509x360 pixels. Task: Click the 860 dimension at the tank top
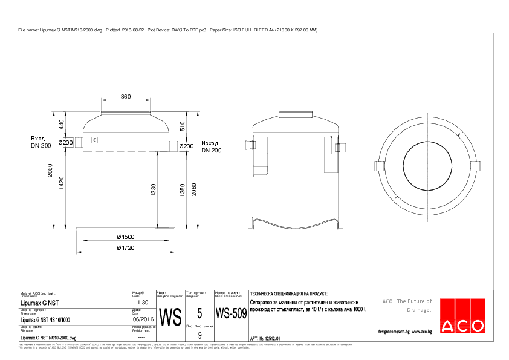[x=125, y=97]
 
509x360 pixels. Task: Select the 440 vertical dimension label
[x=61, y=124]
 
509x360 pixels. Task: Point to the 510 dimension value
[x=183, y=126]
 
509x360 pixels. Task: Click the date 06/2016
[x=143, y=319]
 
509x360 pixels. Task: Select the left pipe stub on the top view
[x=380, y=166]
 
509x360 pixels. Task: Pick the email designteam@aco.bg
[x=394, y=332]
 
